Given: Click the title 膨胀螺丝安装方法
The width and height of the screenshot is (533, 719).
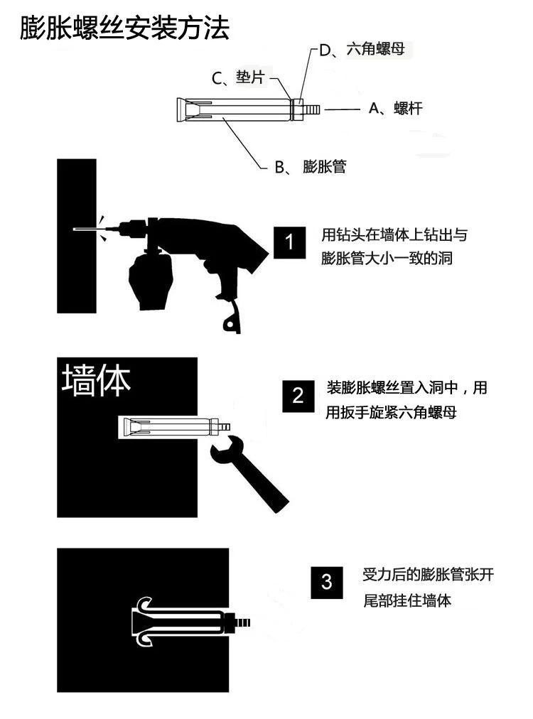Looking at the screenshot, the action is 124,28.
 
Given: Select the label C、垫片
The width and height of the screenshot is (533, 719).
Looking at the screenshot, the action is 238,77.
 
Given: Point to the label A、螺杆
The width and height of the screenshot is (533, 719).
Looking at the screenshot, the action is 395,109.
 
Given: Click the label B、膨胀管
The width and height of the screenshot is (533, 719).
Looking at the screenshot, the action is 311,166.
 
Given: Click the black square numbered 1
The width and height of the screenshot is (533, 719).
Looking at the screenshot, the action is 289,242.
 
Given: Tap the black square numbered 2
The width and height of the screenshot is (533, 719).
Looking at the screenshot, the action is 298,396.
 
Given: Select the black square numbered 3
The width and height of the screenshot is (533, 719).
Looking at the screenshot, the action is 327,583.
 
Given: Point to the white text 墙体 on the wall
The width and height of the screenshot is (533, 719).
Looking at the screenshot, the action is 96,380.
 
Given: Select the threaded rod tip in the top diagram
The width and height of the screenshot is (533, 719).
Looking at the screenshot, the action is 312,109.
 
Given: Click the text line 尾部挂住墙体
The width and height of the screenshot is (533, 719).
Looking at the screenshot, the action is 407,600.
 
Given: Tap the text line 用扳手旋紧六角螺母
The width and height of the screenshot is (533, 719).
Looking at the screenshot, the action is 391,412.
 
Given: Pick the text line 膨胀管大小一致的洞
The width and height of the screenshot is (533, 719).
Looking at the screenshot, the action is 386,258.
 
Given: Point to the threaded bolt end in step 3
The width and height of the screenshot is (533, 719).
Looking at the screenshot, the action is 242,622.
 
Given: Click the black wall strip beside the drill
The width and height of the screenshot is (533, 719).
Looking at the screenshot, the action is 77,236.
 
